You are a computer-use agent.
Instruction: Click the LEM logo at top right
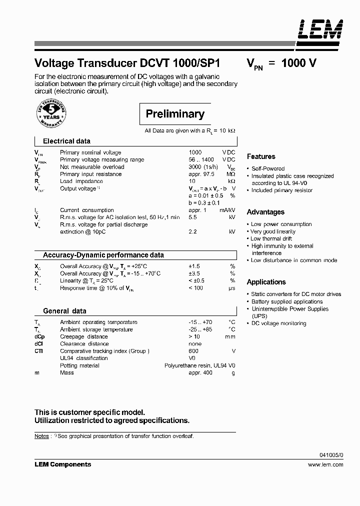[320, 29]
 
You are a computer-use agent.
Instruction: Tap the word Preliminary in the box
[175, 114]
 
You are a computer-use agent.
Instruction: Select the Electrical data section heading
[66, 141]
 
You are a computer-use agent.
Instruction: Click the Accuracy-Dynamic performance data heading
[103, 255]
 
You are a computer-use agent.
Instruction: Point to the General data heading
[64, 311]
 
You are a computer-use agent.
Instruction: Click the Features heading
[261, 156]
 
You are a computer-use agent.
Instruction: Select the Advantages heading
[265, 212]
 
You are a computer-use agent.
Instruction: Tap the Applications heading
[266, 282]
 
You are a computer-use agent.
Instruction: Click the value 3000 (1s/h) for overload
[202, 167]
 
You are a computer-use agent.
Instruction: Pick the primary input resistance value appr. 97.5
[201, 174]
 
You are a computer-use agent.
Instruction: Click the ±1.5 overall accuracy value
[194, 266]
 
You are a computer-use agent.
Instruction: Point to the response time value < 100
[195, 288]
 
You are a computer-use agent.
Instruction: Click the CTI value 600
[193, 351]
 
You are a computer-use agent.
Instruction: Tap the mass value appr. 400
[201, 372]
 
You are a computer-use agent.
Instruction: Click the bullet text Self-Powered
[267, 169]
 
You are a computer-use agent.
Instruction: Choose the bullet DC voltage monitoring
[278, 323]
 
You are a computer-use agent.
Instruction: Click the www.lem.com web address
[325, 464]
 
